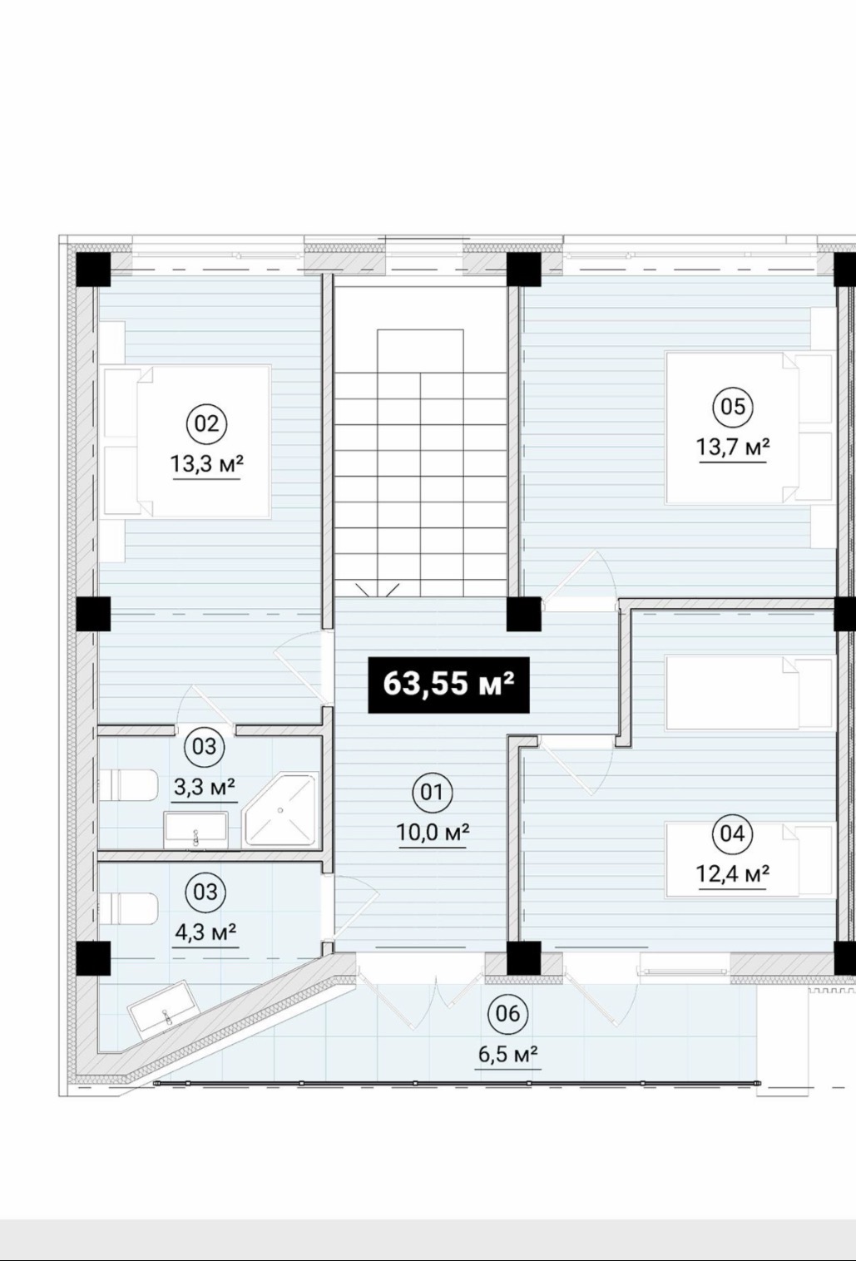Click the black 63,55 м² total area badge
click(x=449, y=685)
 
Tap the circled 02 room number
click(x=206, y=423)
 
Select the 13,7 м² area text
click(x=733, y=448)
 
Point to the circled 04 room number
click(x=732, y=833)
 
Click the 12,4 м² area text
click(x=733, y=874)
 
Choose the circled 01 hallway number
click(x=433, y=792)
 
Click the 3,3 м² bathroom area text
click(x=205, y=787)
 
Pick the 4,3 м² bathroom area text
click(x=205, y=932)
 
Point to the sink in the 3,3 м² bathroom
click(x=195, y=829)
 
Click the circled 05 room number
click(x=733, y=406)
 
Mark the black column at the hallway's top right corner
click(x=524, y=614)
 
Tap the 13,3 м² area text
click(x=206, y=464)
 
